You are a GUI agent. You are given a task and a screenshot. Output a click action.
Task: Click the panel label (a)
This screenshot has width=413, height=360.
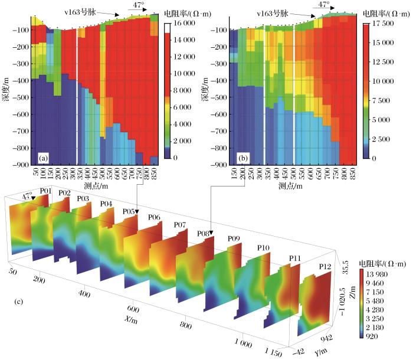[42, 158]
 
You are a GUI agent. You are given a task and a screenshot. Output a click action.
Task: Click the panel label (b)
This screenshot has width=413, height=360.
[243, 158]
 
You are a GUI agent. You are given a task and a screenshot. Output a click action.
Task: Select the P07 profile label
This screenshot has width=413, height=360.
[181, 225]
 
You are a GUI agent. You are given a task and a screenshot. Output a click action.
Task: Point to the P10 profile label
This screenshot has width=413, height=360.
[263, 247]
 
